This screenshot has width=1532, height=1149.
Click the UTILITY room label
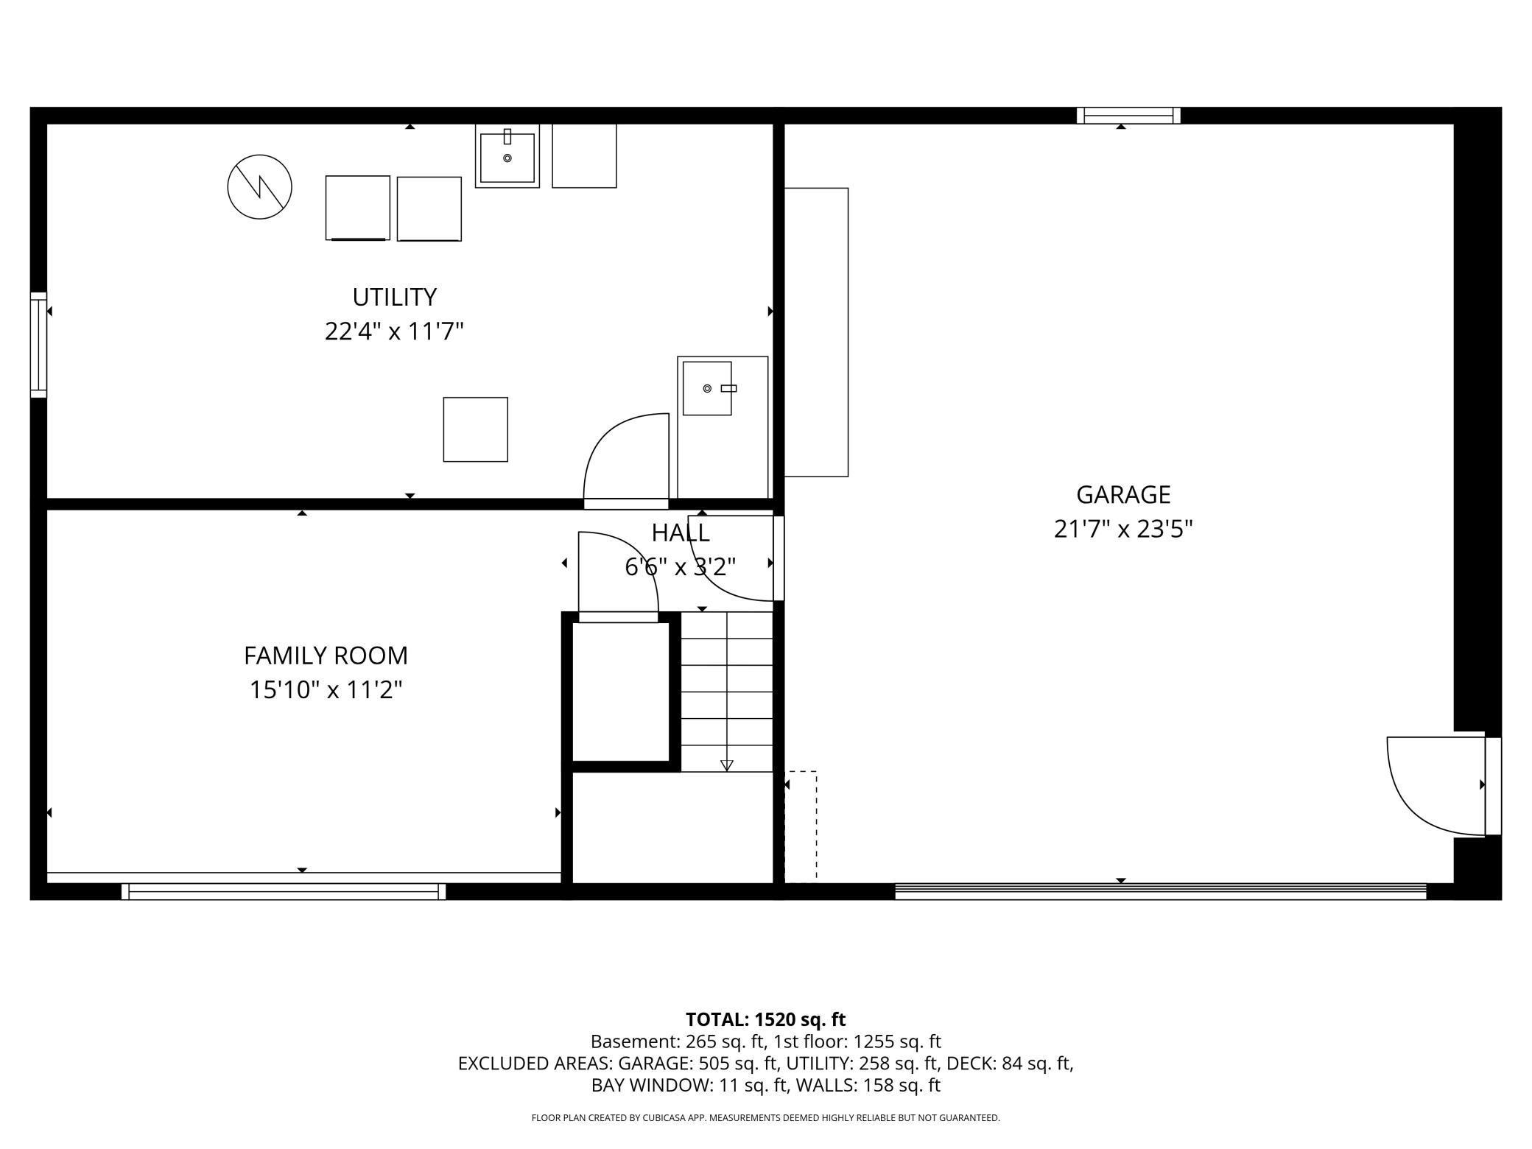[x=394, y=297]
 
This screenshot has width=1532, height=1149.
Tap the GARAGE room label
[x=1122, y=494]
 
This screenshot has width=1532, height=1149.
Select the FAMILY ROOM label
[x=326, y=655]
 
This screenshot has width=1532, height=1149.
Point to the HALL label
[x=681, y=532]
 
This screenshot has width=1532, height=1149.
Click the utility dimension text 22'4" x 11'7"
[x=394, y=331]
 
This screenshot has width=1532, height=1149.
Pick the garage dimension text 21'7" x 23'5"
[x=1122, y=529]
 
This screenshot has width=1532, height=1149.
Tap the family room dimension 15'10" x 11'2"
[x=326, y=690]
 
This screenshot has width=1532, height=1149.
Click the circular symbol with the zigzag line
[x=259, y=187]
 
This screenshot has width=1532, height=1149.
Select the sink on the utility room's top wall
[x=507, y=156]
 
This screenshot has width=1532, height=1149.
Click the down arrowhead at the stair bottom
[x=727, y=765]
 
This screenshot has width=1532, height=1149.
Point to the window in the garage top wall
[x=1128, y=116]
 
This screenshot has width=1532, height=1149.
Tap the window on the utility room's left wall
[x=38, y=345]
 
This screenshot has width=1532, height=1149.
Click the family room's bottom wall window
[x=284, y=891]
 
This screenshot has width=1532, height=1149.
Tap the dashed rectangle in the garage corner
[x=801, y=826]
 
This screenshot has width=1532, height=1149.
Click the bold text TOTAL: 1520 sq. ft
[x=765, y=1019]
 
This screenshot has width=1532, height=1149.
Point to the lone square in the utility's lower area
[x=475, y=429]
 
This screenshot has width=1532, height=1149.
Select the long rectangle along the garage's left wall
[x=816, y=332]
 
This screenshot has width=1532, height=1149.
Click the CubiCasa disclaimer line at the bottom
[x=765, y=1117]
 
